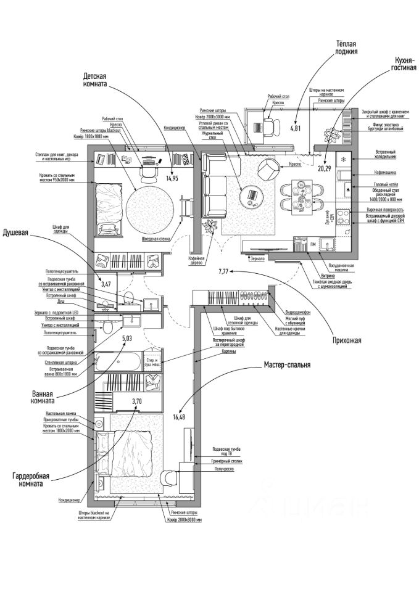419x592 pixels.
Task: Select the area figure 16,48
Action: point(180,417)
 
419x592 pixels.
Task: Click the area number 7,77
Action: point(224,271)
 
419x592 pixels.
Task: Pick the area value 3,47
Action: point(106,284)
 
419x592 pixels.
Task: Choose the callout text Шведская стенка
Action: point(156,239)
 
